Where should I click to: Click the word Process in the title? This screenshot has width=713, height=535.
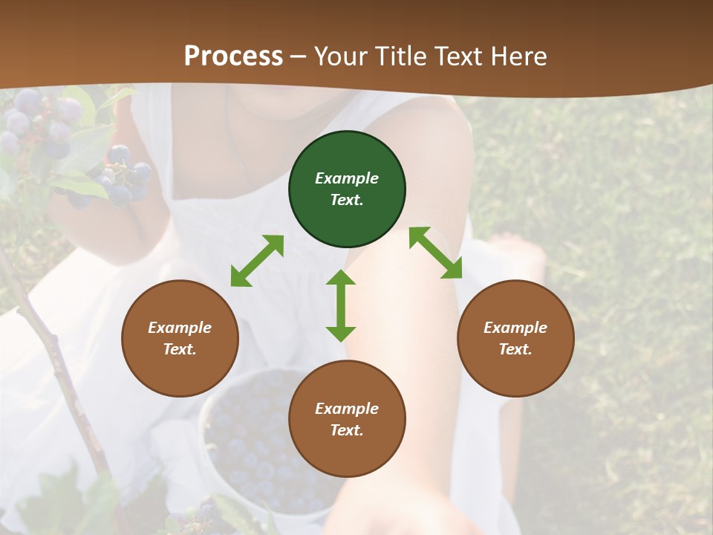click(233, 56)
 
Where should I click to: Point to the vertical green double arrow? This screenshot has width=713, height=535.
click(341, 305)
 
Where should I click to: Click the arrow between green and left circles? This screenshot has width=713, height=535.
click(257, 261)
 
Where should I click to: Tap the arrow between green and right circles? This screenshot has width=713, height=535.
click(435, 253)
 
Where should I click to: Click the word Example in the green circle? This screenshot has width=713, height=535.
click(347, 178)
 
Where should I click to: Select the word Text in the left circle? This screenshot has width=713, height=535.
click(180, 349)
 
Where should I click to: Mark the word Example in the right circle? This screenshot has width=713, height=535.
click(515, 328)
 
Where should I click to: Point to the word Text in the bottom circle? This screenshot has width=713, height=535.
click(346, 430)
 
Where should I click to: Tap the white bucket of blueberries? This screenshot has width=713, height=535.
click(260, 446)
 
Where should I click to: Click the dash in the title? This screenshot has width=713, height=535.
click(299, 56)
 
